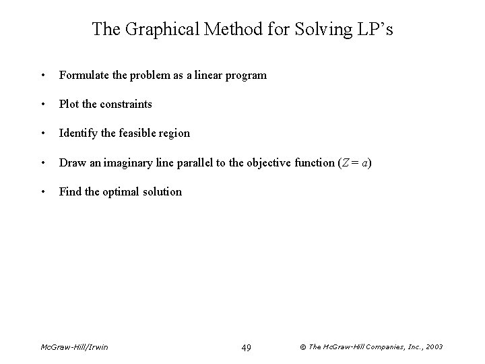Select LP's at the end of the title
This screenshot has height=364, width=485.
click(375, 29)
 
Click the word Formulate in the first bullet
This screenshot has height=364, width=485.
click(84, 75)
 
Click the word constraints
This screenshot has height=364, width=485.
click(127, 104)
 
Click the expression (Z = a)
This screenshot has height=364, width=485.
click(356, 162)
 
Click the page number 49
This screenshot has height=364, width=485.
click(246, 347)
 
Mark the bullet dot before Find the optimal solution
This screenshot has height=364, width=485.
click(43, 191)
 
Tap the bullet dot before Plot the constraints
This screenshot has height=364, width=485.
click(43, 104)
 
